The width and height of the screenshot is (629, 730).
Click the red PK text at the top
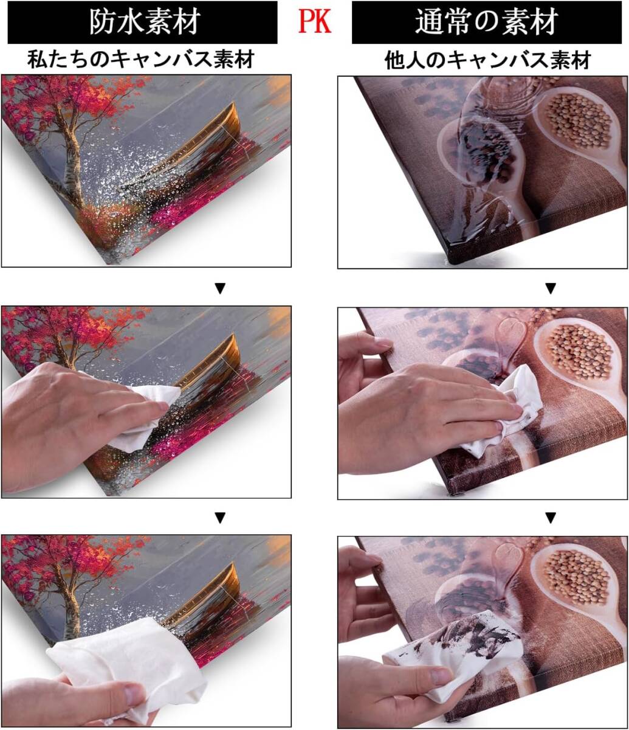[315, 21]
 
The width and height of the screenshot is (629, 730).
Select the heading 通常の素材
[486, 22]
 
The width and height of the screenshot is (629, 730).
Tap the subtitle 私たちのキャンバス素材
[141, 60]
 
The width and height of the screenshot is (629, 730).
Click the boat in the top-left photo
[198, 148]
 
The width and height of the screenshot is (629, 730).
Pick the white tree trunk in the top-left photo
[72, 166]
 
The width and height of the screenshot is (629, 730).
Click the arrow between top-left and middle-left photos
[220, 288]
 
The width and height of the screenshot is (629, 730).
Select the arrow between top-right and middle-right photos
[551, 288]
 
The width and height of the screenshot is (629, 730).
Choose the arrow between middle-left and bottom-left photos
[220, 518]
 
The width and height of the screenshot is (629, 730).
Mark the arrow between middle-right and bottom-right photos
[551, 518]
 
